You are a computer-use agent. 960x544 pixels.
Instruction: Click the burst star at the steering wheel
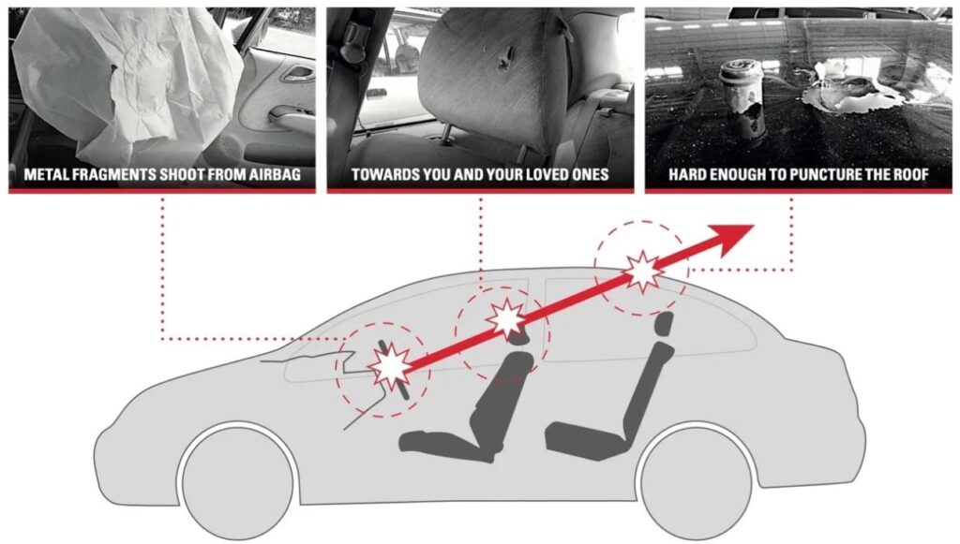[389, 366]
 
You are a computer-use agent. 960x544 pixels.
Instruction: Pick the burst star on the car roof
[642, 270]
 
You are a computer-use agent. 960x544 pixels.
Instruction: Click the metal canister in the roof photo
[734, 88]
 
